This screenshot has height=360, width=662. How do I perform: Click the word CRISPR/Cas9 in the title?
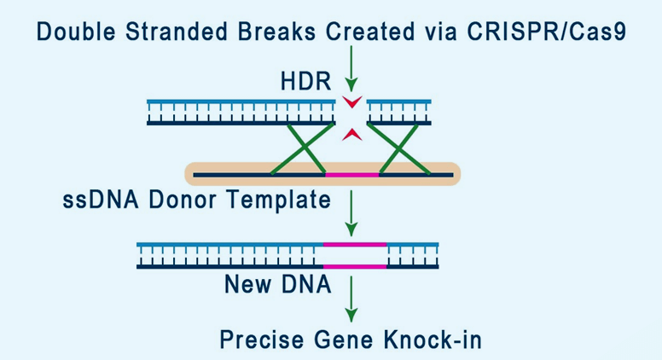click(x=546, y=32)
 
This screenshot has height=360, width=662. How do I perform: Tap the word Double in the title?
click(x=76, y=32)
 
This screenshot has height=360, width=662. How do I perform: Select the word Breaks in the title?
click(x=276, y=32)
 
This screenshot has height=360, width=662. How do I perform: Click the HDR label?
click(x=306, y=81)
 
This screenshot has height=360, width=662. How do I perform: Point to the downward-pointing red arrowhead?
click(x=352, y=102)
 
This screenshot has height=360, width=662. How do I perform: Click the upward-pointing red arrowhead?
click(x=352, y=134)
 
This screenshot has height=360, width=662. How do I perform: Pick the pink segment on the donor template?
click(x=352, y=174)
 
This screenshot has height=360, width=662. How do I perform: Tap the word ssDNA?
click(x=101, y=200)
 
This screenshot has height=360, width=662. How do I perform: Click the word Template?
click(x=279, y=200)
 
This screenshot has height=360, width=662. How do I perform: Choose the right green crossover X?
click(x=399, y=148)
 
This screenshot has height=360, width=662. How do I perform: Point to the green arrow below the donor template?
click(x=351, y=213)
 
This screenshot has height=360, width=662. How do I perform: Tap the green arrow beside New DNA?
click(x=351, y=299)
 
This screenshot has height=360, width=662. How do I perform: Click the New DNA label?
click(x=278, y=284)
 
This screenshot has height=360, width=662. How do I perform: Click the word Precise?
click(x=262, y=340)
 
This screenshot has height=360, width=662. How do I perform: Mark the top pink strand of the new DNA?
click(x=355, y=244)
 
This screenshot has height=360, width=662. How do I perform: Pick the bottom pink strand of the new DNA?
click(x=355, y=266)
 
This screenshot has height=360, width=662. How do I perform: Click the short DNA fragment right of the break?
click(x=399, y=113)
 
